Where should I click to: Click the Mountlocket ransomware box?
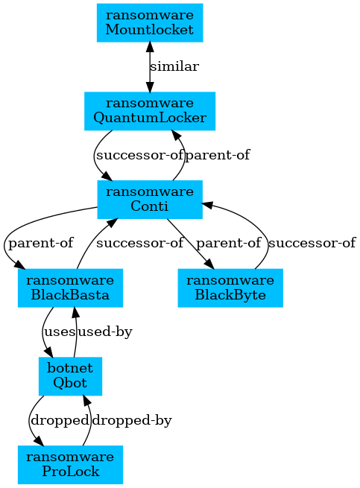pyautogui.click(x=150, y=22)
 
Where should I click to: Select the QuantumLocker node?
pyautogui.click(x=150, y=111)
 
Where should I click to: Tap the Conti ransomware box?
pyautogui.click(x=150, y=199)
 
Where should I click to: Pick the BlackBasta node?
pyautogui.click(x=70, y=288)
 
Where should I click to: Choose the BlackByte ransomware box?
pyautogui.click(x=230, y=288)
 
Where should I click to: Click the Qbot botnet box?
pyautogui.click(x=70, y=376)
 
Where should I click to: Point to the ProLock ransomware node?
pyautogui.click(x=70, y=465)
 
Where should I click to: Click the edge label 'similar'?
pyautogui.click(x=174, y=66)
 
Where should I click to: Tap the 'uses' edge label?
pyautogui.click(x=60, y=332)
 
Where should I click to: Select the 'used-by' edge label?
pyautogui.click(x=105, y=332)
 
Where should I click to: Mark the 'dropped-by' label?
pyautogui.click(x=132, y=420)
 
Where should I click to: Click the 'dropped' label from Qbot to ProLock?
pyautogui.click(x=60, y=420)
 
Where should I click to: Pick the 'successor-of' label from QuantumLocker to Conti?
pyautogui.click(x=139, y=155)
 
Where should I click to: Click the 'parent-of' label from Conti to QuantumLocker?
pyautogui.click(x=218, y=155)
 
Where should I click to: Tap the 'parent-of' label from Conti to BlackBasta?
pyautogui.click(x=41, y=243)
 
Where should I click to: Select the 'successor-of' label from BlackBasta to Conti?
pyautogui.click(x=140, y=243)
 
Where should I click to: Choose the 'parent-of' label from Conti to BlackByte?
pyautogui.click(x=229, y=243)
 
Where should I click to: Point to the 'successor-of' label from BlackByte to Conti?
pyautogui.click(x=312, y=243)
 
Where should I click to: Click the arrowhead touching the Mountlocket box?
pyautogui.click(x=150, y=47)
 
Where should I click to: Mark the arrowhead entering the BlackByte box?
pyautogui.click(x=209, y=264)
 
